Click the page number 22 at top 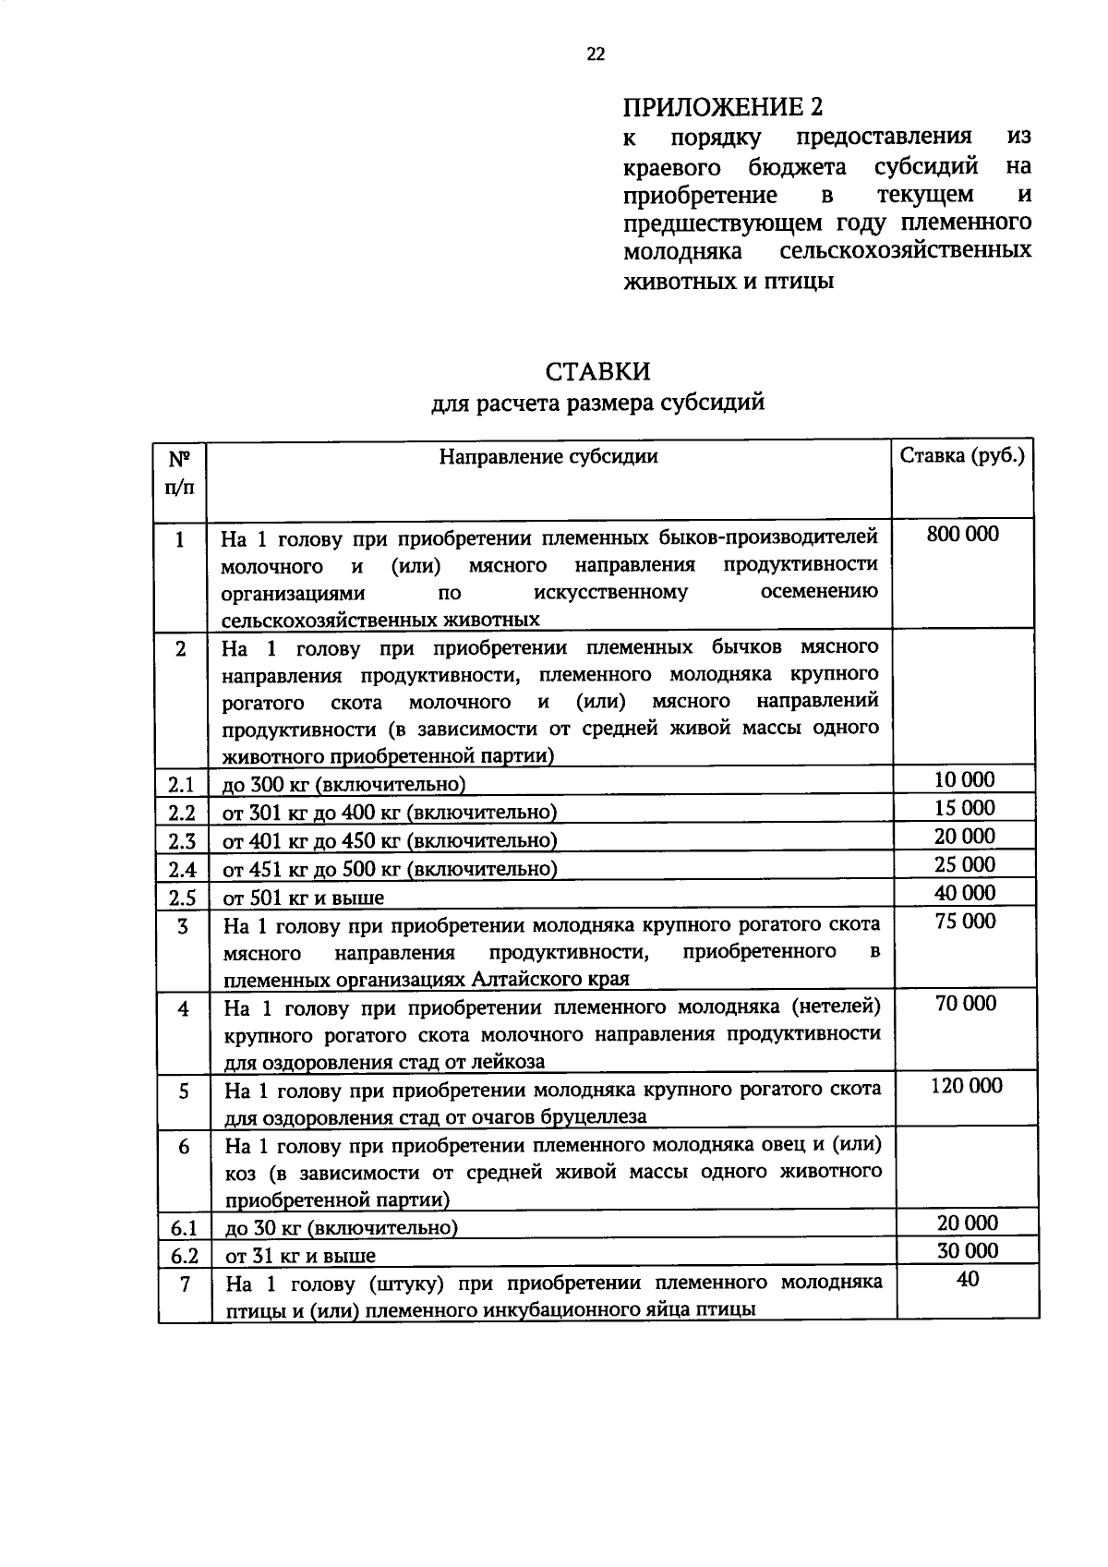click(x=596, y=54)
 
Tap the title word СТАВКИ click(x=597, y=371)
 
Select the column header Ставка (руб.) click(x=962, y=456)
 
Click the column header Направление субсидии click(x=548, y=456)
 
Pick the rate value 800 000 click(x=962, y=534)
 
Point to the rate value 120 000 click(x=966, y=1086)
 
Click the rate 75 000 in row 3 click(x=966, y=921)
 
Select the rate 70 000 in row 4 click(x=966, y=1004)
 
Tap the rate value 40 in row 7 click(x=968, y=1279)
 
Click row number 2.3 click(x=182, y=841)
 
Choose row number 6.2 click(x=184, y=1256)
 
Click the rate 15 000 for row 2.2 click(x=964, y=808)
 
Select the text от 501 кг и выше click(x=304, y=898)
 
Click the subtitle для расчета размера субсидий click(x=597, y=404)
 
